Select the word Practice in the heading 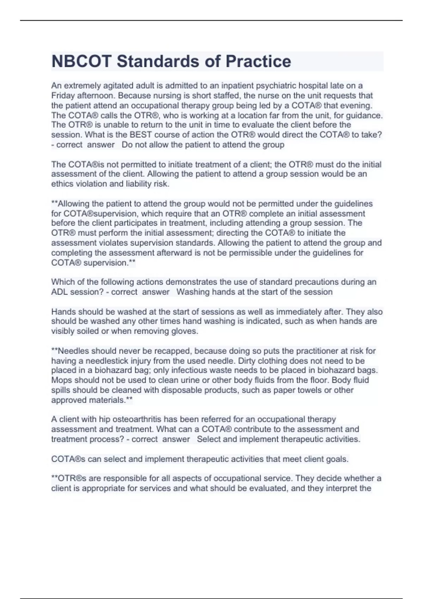tap(258, 61)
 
